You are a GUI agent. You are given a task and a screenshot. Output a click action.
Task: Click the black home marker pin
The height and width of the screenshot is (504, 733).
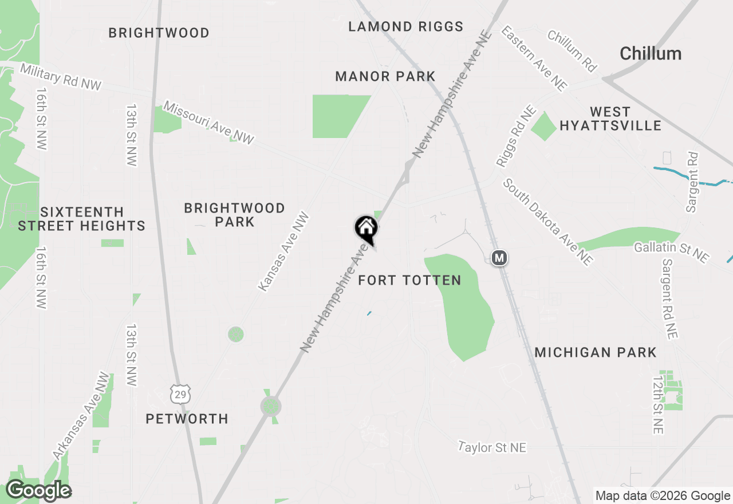click(x=366, y=229)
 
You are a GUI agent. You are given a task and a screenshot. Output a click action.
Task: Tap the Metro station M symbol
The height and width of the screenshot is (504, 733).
click(x=499, y=258)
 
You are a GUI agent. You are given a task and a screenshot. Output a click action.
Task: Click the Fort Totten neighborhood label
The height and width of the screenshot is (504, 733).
click(x=409, y=280)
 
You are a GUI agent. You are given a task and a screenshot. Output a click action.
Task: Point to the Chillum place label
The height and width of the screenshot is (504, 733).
click(x=651, y=54)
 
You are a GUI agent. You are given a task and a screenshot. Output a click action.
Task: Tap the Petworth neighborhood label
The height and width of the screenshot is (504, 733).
click(x=187, y=419)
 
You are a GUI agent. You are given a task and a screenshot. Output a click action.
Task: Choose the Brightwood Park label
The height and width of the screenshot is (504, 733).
click(x=234, y=215)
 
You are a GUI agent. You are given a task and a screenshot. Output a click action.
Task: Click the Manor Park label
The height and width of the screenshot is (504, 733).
click(x=385, y=76)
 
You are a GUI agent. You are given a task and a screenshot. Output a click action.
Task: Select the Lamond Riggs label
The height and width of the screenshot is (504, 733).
click(x=406, y=26)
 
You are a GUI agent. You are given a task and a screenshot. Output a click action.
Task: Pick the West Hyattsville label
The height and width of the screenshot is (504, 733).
click(x=610, y=119)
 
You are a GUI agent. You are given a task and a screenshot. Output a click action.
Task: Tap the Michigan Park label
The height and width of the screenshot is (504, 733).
click(x=596, y=352)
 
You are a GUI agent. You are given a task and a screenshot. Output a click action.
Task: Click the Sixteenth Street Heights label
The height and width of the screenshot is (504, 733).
click(x=81, y=219)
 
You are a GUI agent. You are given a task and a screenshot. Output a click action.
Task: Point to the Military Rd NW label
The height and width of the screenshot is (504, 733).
click(x=61, y=77)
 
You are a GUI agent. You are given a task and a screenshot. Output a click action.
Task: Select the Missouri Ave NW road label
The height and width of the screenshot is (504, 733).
click(x=208, y=123)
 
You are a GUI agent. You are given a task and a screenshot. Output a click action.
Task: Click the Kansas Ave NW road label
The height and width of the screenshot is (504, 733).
click(x=283, y=252)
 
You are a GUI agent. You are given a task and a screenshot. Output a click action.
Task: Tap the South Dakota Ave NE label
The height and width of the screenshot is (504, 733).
click(x=548, y=222)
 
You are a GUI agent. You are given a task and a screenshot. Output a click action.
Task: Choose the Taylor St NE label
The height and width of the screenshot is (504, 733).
click(x=492, y=447)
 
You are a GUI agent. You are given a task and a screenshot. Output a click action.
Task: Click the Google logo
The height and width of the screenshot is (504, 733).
click(x=38, y=491)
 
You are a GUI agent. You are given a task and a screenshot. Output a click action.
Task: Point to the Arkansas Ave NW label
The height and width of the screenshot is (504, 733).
click(x=81, y=416)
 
